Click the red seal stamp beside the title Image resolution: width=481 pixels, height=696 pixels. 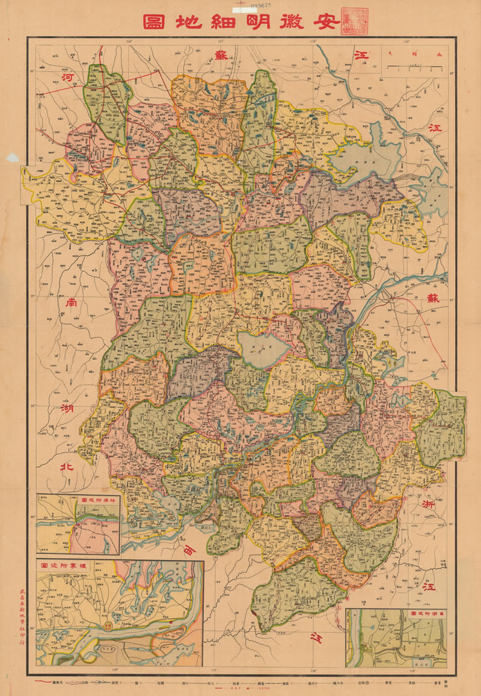pyautogui.click(x=352, y=22)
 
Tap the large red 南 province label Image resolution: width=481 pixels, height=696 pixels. pyautogui.click(x=66, y=303)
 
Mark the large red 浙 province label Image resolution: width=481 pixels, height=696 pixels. pyautogui.click(x=428, y=503)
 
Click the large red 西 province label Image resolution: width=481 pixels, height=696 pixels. pyautogui.click(x=190, y=548)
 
